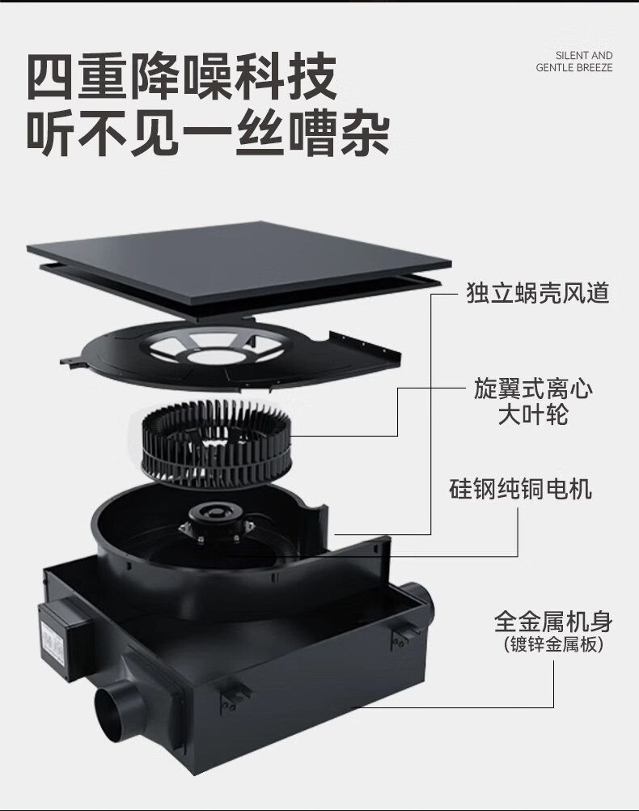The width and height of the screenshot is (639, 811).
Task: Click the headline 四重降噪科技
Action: coord(181,77)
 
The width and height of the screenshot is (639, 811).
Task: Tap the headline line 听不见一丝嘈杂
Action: coord(207,133)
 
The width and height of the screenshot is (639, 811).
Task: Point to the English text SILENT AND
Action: coord(584,55)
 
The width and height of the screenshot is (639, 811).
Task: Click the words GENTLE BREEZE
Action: coord(573,67)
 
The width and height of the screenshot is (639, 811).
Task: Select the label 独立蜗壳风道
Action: coord(538,293)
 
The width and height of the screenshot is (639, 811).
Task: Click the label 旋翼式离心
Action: coord(533,389)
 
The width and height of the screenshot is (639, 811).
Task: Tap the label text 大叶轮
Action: coord(533,415)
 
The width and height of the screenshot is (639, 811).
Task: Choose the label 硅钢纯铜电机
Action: coord(520,489)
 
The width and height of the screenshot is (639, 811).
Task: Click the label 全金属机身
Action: coord(553,622)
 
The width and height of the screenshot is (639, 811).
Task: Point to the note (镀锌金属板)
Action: coord(553,645)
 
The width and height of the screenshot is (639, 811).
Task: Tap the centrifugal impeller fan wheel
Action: coord(214,444)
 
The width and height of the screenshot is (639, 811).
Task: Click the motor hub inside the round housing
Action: coord(216,520)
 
